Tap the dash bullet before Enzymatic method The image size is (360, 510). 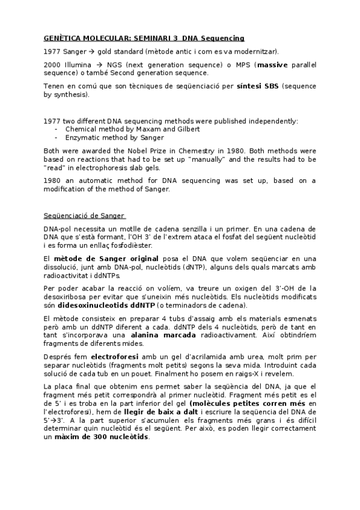tap(56, 138)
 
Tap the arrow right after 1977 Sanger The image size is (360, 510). tap(91, 51)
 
